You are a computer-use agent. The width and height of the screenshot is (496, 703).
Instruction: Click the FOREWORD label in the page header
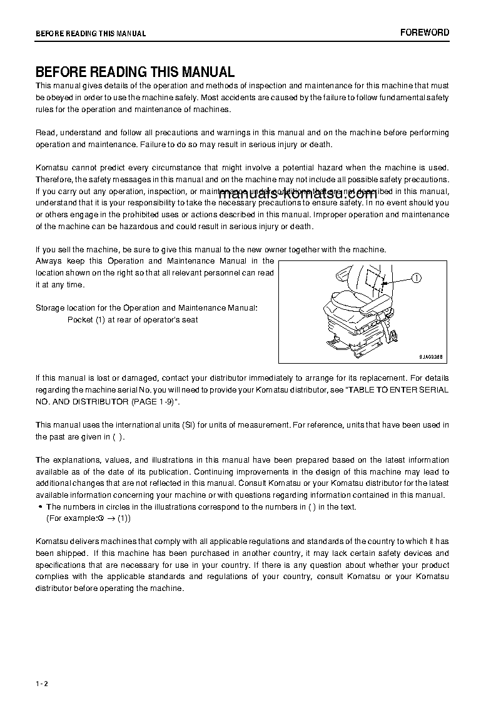pyautogui.click(x=425, y=33)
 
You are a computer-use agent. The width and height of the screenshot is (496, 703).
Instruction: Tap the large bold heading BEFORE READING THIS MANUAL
pyautogui.click(x=135, y=72)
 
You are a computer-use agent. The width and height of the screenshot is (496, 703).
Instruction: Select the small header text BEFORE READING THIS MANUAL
pyautogui.click(x=91, y=33)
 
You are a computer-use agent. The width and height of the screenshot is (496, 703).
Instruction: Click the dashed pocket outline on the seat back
pyautogui.click(x=375, y=280)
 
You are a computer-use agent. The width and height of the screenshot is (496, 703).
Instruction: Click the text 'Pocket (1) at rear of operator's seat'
pyautogui.click(x=133, y=320)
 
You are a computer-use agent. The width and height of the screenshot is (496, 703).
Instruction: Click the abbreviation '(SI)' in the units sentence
pyautogui.click(x=189, y=425)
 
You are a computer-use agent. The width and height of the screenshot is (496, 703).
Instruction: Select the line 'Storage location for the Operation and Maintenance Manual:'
pyautogui.click(x=146, y=308)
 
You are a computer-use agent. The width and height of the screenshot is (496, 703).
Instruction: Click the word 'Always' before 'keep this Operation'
pyautogui.click(x=48, y=261)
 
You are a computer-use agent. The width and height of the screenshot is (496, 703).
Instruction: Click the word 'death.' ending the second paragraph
pyautogui.click(x=319, y=145)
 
